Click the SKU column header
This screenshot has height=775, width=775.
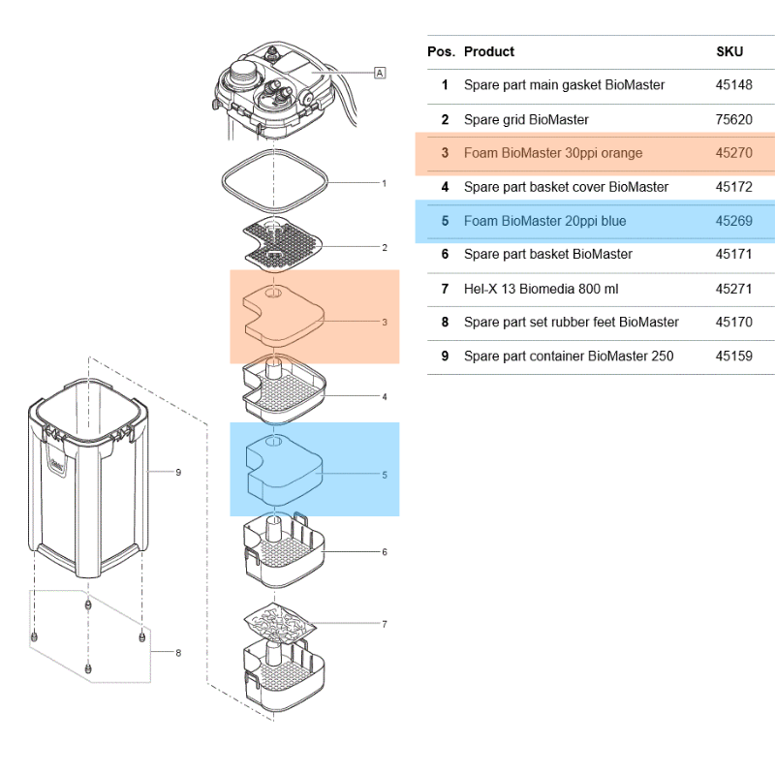(x=729, y=51)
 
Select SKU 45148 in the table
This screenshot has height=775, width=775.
(x=733, y=85)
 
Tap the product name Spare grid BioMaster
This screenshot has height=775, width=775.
(x=526, y=119)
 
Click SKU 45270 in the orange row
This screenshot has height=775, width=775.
(x=733, y=153)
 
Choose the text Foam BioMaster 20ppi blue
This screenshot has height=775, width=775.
(x=544, y=221)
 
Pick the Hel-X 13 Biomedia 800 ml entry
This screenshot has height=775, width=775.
(x=541, y=289)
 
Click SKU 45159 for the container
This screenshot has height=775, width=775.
(x=733, y=356)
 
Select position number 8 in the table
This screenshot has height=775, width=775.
(x=445, y=322)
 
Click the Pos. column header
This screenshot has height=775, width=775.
(x=441, y=51)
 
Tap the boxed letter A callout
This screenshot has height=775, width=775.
(x=380, y=73)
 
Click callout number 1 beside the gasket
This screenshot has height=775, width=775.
(x=385, y=182)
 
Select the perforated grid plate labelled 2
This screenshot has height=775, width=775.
(x=282, y=245)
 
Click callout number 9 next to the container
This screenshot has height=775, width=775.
(x=178, y=473)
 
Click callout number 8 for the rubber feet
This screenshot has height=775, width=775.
(x=178, y=652)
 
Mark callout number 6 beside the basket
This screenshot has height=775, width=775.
(x=385, y=552)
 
